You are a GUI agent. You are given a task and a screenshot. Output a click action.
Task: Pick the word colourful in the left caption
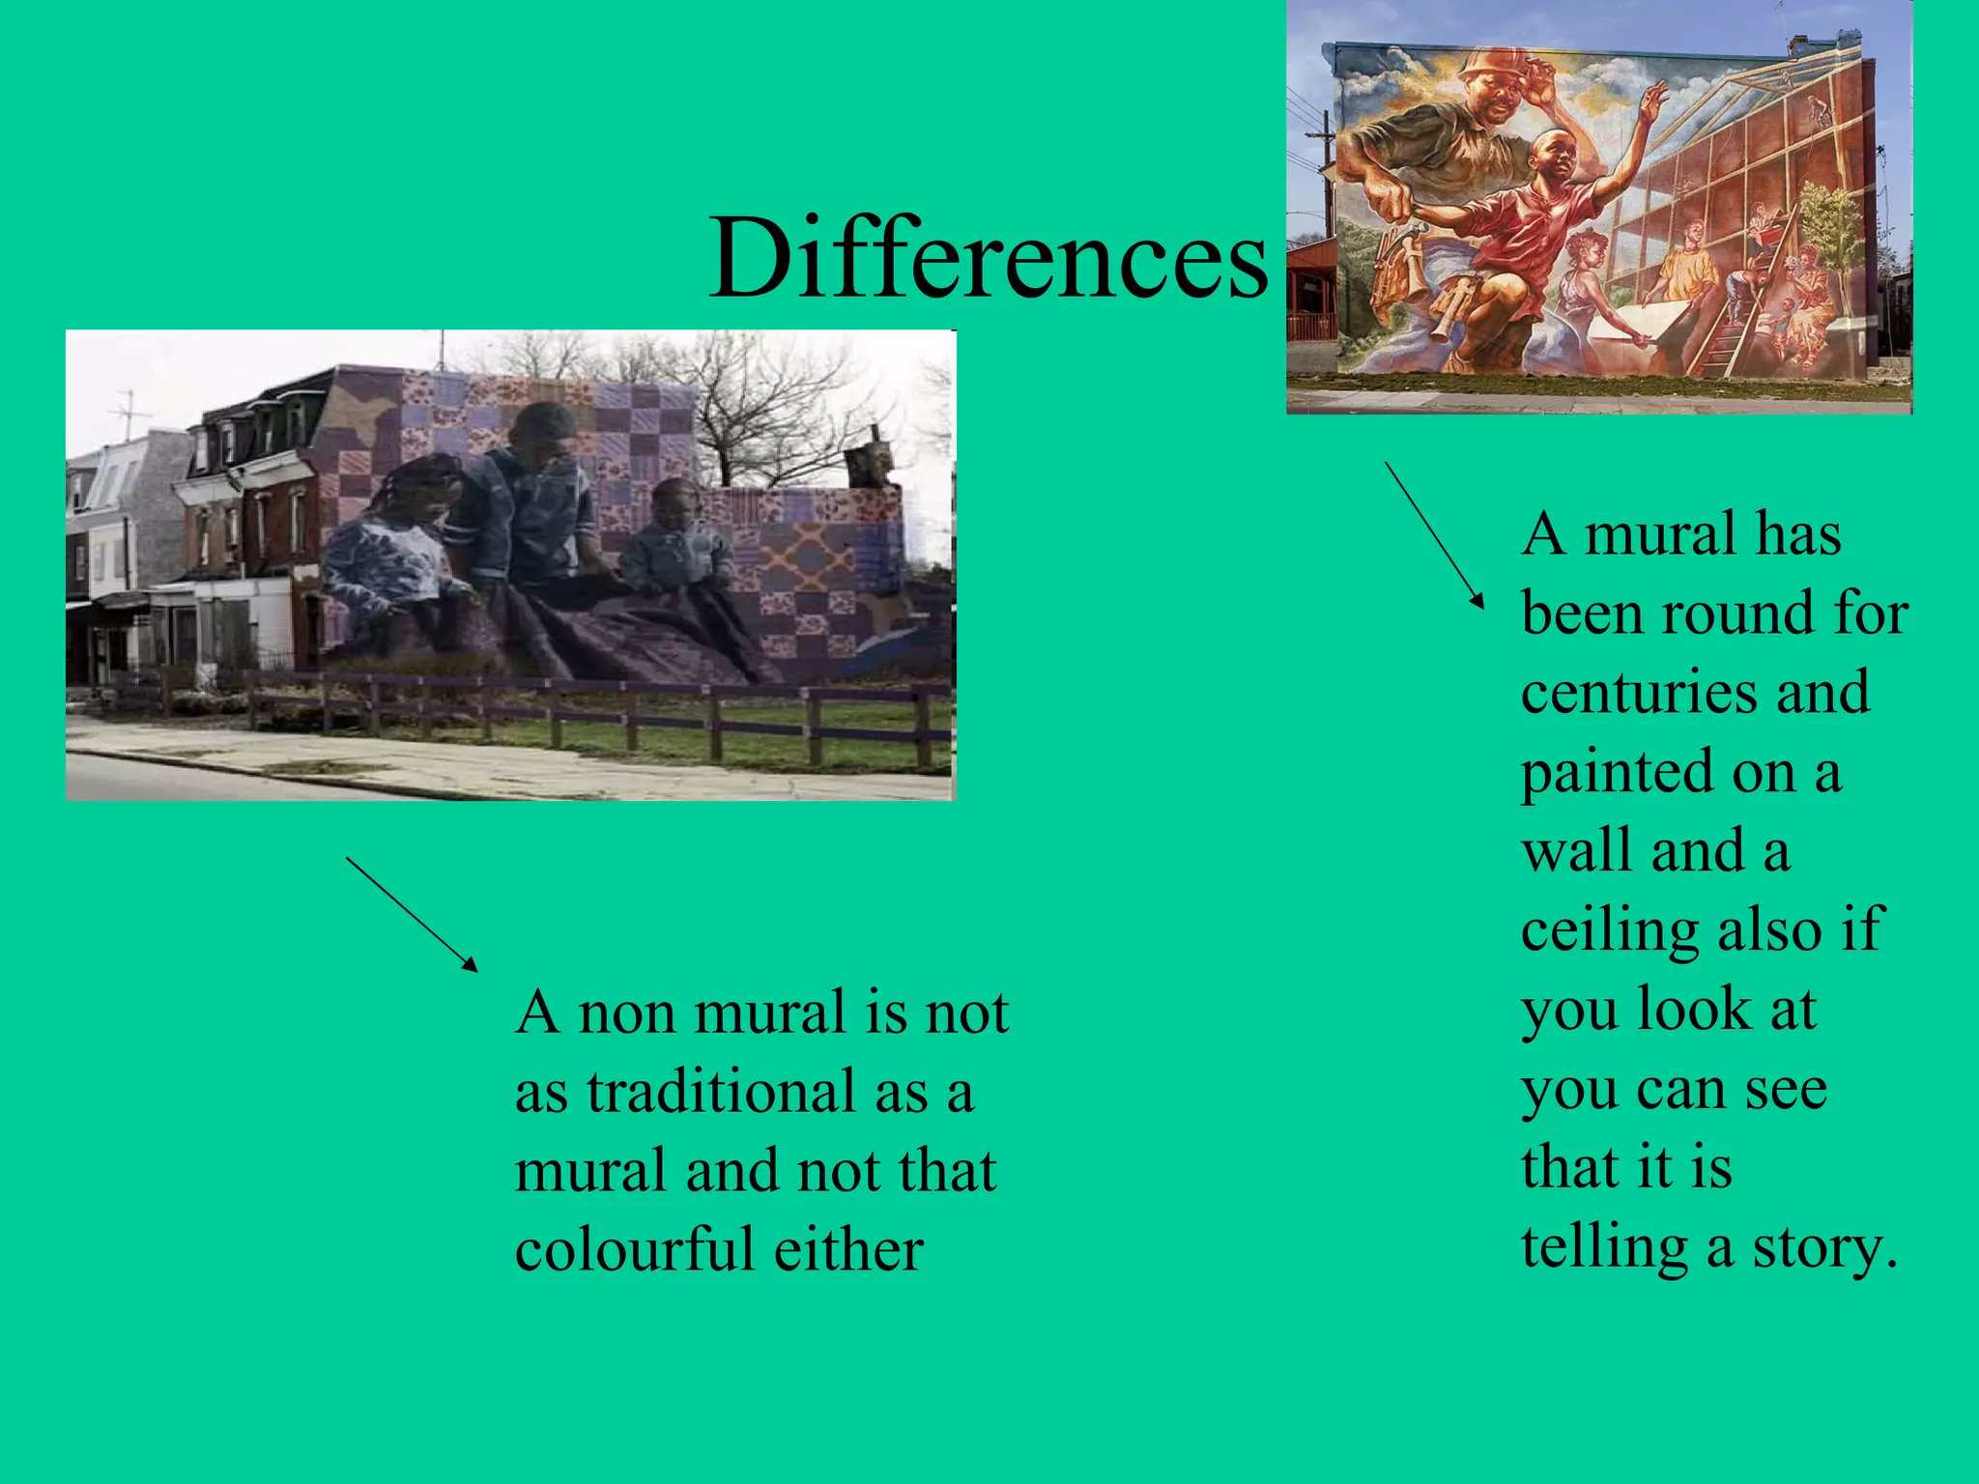click(633, 1249)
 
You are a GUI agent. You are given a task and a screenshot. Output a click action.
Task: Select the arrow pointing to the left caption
click(412, 914)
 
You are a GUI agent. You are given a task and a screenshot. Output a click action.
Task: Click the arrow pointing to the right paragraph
click(1434, 534)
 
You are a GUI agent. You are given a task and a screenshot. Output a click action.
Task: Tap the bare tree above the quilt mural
click(763, 406)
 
